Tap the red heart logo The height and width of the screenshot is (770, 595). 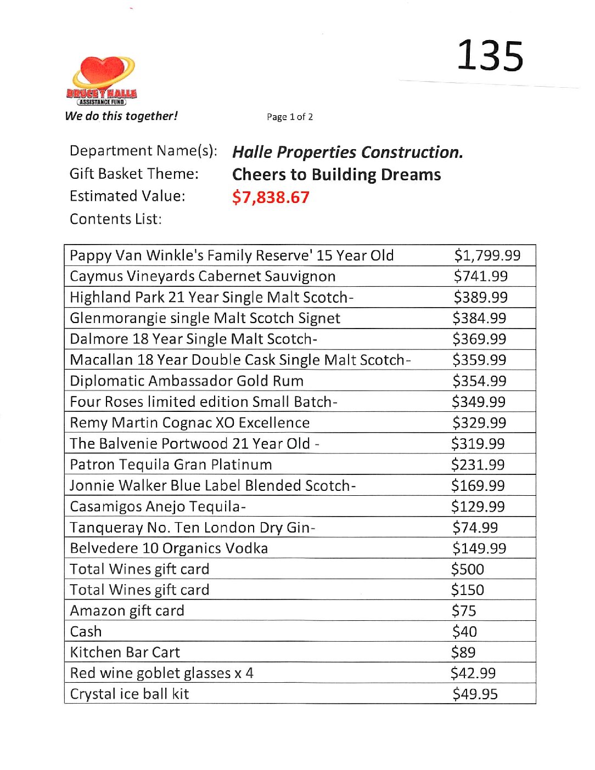(103, 74)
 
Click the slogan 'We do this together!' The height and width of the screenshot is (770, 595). (121, 116)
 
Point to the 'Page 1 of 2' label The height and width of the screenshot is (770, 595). (290, 117)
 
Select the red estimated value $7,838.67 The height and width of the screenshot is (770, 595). (271, 197)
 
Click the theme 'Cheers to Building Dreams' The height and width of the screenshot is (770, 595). (336, 174)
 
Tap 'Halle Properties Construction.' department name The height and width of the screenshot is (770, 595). (347, 152)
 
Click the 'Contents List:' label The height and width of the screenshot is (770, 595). (116, 219)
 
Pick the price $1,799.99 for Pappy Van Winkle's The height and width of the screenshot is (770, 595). (487, 255)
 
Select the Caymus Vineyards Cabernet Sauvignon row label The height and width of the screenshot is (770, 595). (203, 276)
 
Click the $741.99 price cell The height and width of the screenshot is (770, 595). (480, 276)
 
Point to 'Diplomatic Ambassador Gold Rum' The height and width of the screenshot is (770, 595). (187, 381)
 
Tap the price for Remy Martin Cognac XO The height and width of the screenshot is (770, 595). (479, 422)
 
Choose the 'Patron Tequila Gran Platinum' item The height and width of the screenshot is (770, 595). (171, 465)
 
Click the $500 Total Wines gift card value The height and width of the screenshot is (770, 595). (467, 569)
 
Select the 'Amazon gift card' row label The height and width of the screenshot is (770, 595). (127, 610)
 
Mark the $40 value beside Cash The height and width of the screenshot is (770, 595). (464, 631)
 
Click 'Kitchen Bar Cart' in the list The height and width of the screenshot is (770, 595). (125, 652)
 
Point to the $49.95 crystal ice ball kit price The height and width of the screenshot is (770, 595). (475, 694)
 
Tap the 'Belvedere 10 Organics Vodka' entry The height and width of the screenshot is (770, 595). (169, 548)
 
